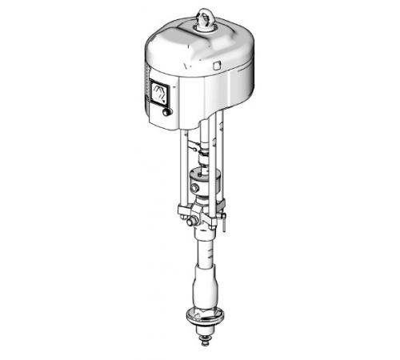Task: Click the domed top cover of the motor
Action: pos(196,44)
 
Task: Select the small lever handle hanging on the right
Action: pos(225,226)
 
